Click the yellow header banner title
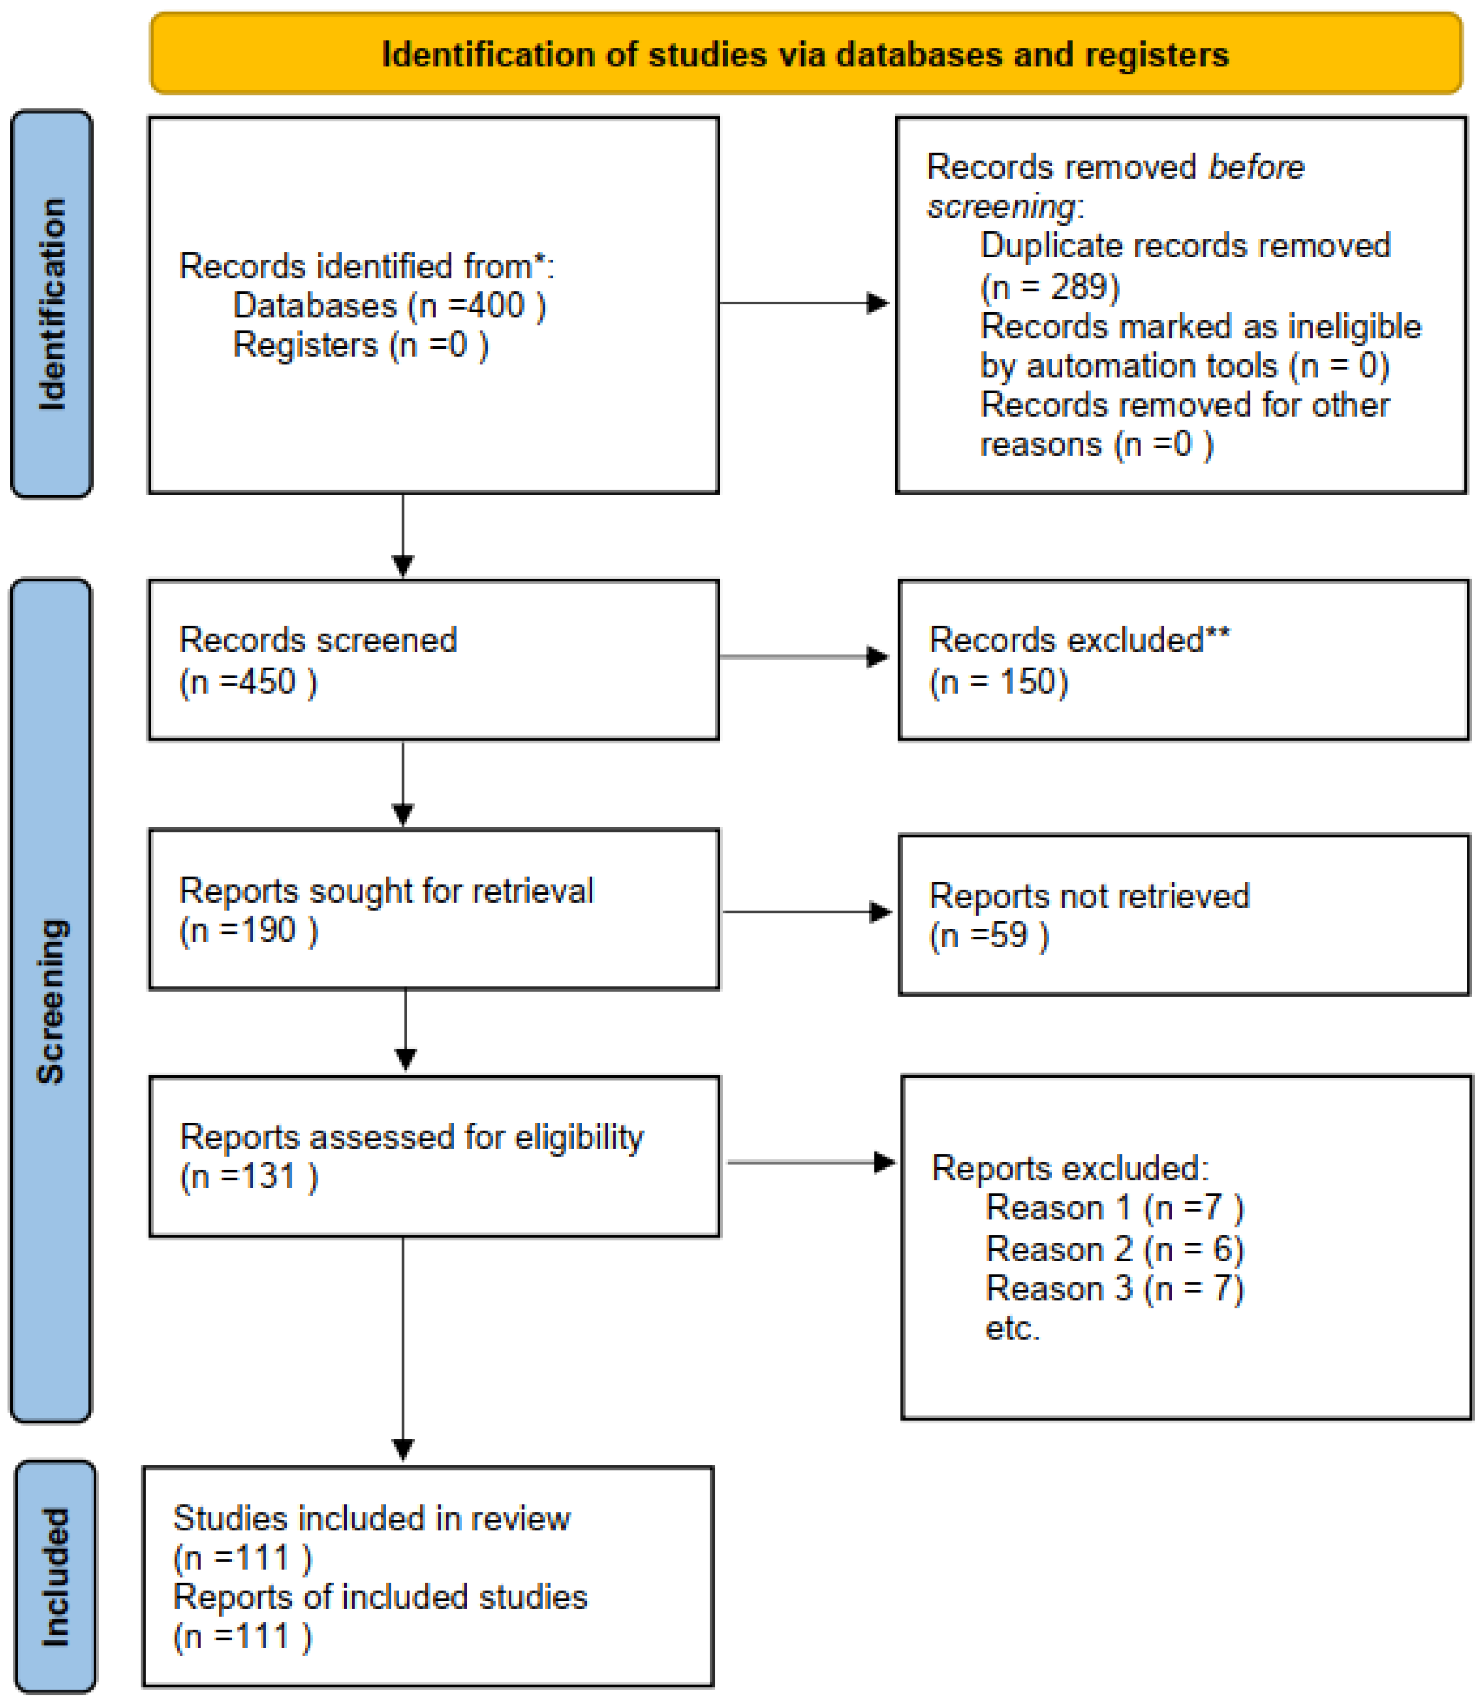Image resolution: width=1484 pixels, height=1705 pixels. pyautogui.click(x=805, y=55)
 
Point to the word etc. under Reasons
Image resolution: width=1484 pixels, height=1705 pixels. pyautogui.click(x=1012, y=1328)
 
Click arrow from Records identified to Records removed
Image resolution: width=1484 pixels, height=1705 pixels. pyautogui.click(x=803, y=303)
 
